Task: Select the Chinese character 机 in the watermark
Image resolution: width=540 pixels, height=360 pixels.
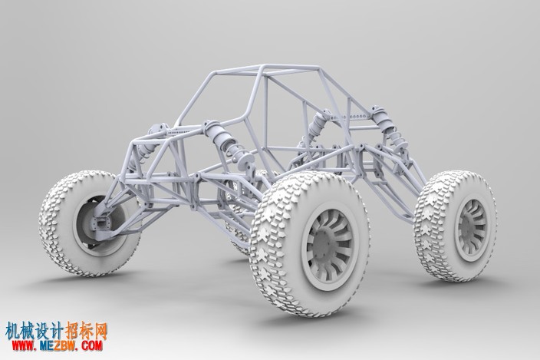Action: click(x=13, y=332)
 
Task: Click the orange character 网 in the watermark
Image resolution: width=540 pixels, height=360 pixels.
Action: click(x=100, y=332)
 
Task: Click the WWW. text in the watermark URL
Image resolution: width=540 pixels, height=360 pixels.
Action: click(x=24, y=345)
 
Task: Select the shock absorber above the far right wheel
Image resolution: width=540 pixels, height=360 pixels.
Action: click(x=389, y=128)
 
